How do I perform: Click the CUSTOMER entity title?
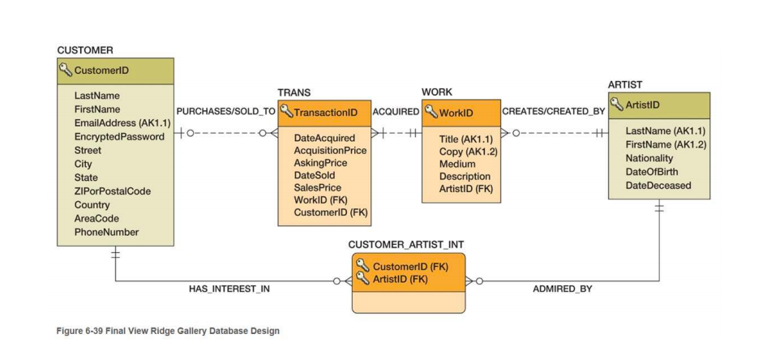point(85,50)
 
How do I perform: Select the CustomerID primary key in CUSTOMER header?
point(101,71)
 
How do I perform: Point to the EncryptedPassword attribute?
point(118,136)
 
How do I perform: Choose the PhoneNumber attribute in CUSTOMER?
point(106,232)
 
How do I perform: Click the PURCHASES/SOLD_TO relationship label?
point(225,111)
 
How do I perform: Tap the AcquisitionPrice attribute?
point(330,150)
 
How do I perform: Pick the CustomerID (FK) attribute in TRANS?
point(331,212)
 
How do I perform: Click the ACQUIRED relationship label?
point(396,111)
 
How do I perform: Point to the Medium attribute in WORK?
point(457,164)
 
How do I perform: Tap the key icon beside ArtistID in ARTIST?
point(617,105)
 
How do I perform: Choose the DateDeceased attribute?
point(658,186)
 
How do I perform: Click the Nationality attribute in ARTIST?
point(649,158)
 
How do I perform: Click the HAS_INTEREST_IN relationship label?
point(229,289)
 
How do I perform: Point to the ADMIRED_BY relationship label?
point(562,289)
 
